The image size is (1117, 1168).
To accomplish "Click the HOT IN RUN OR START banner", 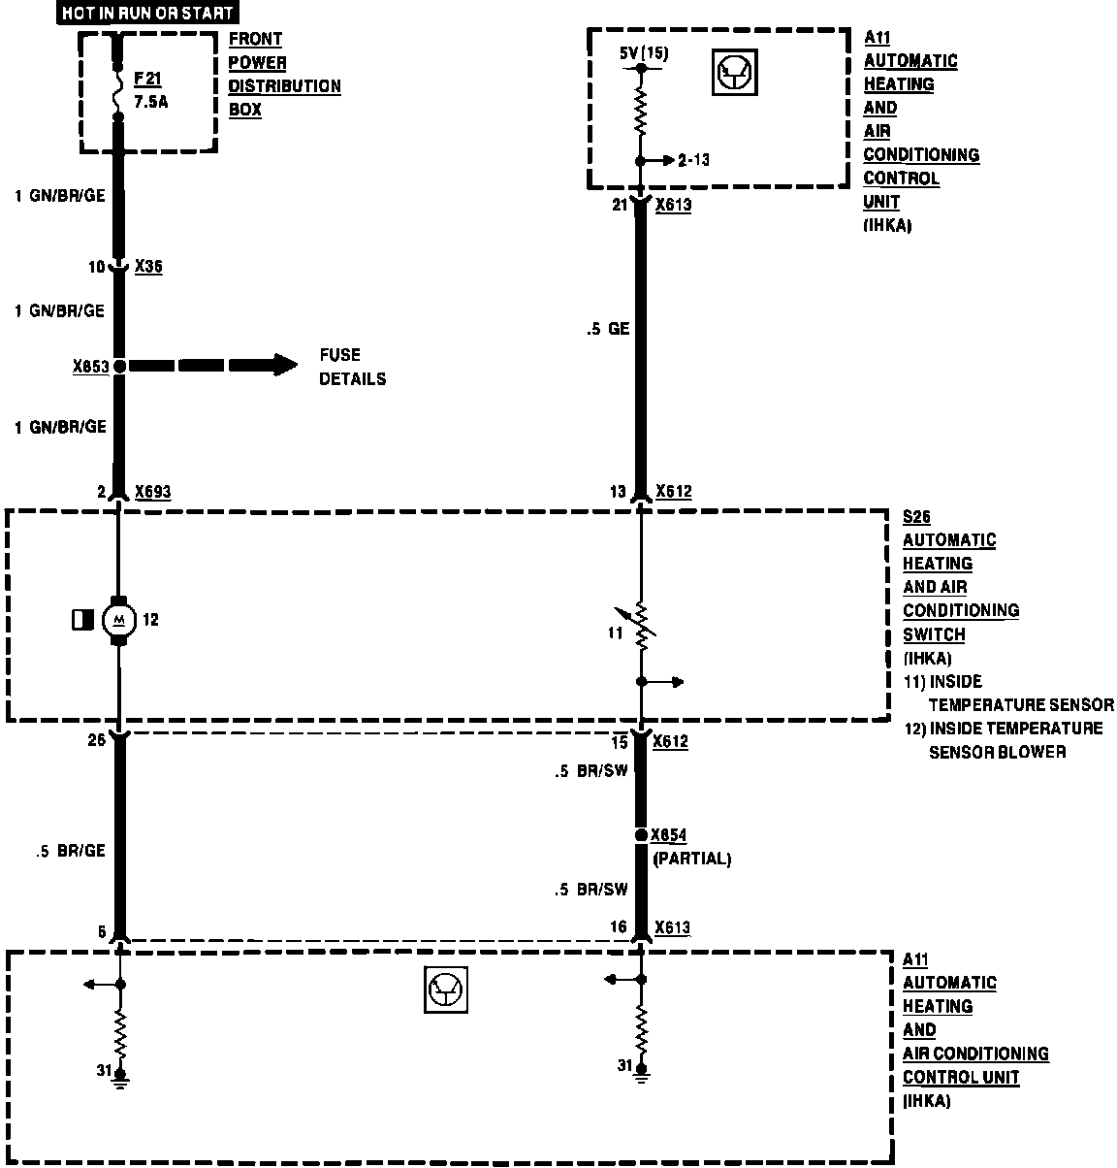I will (x=147, y=14).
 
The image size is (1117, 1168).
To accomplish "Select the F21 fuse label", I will (x=147, y=80).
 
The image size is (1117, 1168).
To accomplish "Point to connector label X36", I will (x=148, y=266).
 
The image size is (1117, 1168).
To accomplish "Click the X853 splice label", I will (x=90, y=367).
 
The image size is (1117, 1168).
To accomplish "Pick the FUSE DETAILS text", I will (x=352, y=367).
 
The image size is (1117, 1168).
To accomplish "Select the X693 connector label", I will (x=152, y=492).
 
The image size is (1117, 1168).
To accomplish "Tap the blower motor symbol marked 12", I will (x=119, y=619).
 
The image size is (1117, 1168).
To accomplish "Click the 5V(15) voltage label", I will (x=644, y=54).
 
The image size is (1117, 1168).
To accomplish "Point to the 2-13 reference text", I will (x=694, y=160).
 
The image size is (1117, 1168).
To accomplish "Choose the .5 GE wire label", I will (x=608, y=329).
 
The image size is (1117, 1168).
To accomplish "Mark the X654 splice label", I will (x=669, y=835).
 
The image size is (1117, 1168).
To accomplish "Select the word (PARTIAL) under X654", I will (x=692, y=859).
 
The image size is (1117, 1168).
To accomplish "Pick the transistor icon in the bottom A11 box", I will (x=446, y=991).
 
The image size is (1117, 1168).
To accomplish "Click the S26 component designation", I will (x=916, y=517).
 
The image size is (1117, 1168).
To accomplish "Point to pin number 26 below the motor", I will (x=95, y=742).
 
